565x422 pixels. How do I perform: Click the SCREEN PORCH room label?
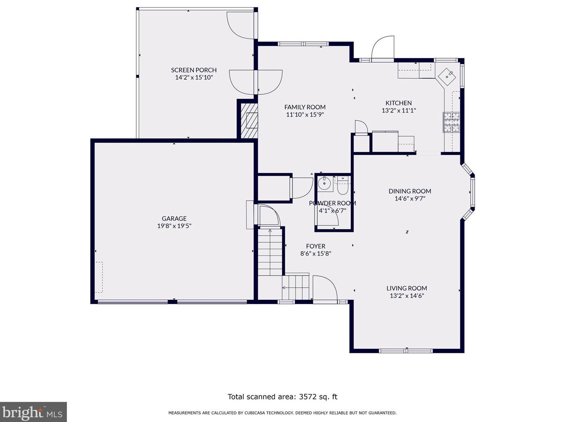click(194, 70)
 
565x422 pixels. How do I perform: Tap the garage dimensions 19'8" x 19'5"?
click(174, 226)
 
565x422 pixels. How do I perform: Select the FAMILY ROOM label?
click(305, 107)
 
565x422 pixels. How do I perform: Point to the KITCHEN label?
click(399, 103)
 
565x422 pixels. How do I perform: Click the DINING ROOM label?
click(410, 191)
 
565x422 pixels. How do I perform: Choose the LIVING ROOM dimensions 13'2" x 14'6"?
click(407, 296)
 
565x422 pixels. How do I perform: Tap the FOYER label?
click(315, 246)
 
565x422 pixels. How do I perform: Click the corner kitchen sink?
click(447, 76)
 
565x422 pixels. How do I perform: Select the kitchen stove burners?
click(451, 122)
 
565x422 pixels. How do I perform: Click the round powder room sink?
click(324, 183)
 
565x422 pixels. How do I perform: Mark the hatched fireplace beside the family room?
click(249, 121)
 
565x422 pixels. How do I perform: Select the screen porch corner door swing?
click(241, 25)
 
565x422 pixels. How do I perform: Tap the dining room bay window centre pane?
click(472, 192)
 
